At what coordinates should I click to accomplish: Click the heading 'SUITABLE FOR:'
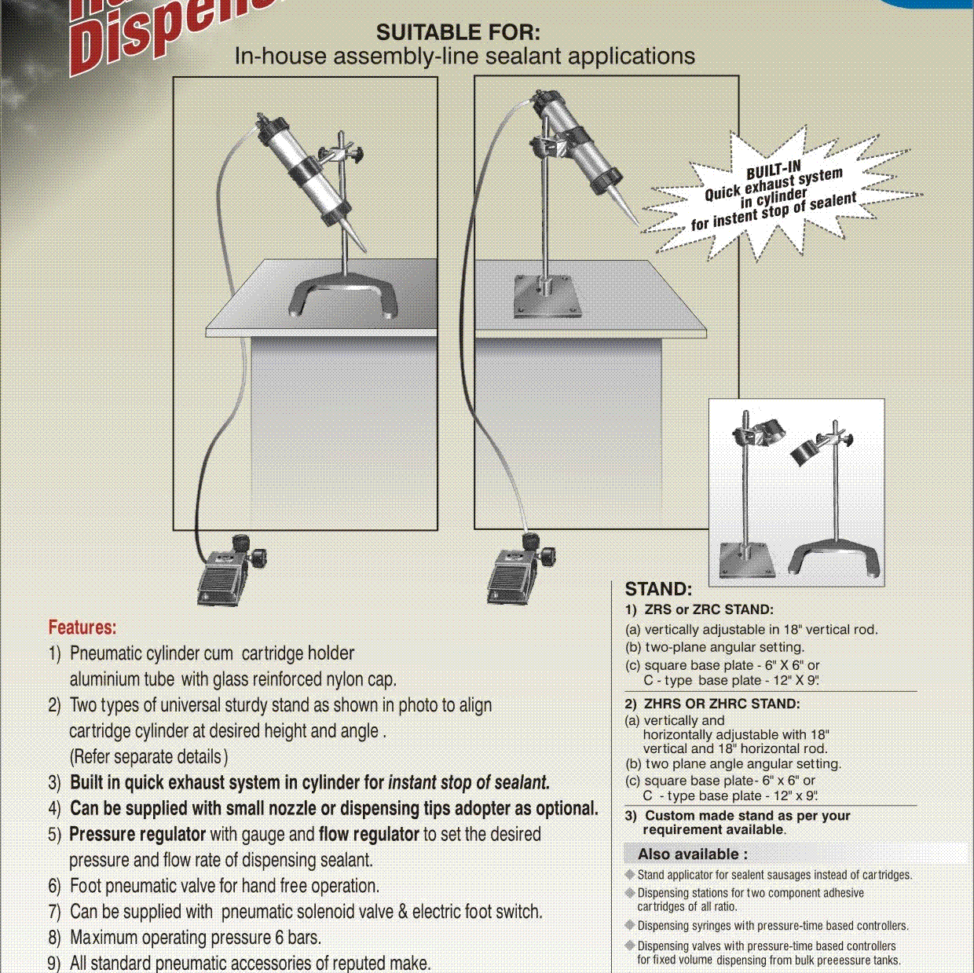[x=458, y=33]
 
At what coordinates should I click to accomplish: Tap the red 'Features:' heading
[x=82, y=627]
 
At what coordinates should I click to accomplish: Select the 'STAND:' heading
[x=658, y=589]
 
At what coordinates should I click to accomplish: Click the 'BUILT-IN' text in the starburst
[x=773, y=170]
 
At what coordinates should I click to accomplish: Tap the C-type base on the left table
[x=344, y=298]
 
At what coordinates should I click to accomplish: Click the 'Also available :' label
[x=693, y=854]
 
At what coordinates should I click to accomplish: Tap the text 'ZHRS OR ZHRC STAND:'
[x=722, y=704]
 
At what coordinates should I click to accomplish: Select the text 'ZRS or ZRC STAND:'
[x=709, y=609]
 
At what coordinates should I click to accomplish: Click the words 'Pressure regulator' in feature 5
[x=137, y=834]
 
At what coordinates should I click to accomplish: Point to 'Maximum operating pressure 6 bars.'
[x=195, y=938]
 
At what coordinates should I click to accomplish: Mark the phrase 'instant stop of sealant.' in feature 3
[x=469, y=782]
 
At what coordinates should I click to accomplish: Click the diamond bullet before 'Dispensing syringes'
[x=630, y=925]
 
